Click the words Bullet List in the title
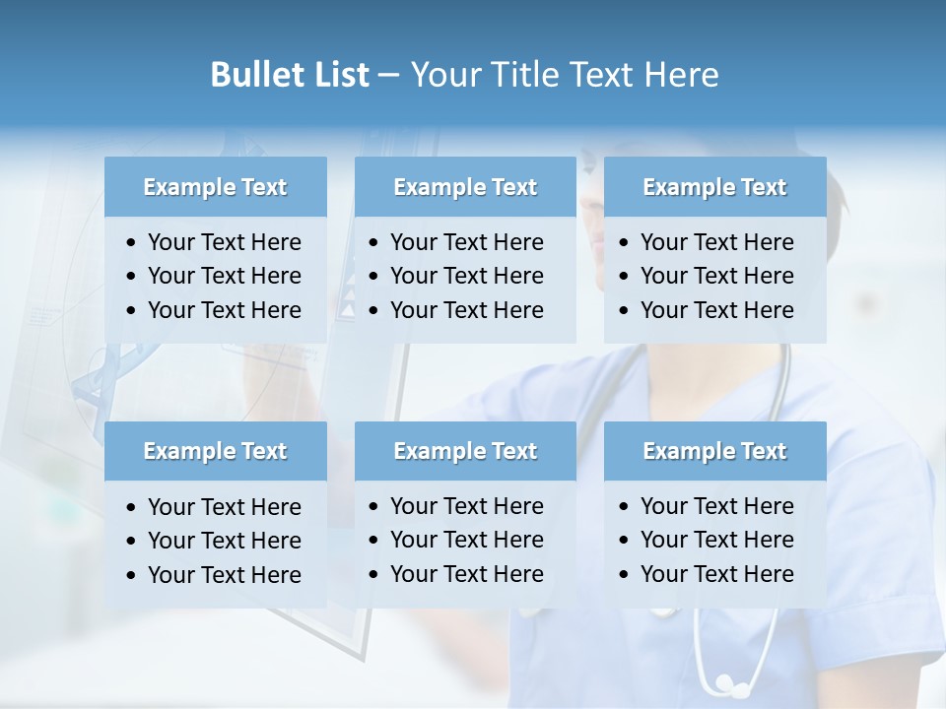[x=290, y=75]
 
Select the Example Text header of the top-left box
[x=215, y=187]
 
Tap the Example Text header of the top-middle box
[x=465, y=187]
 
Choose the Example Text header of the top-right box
[x=714, y=187]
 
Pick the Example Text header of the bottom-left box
[x=215, y=451]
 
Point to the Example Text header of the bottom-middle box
[x=465, y=451]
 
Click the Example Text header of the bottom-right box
[x=714, y=451]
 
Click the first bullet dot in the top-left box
[x=132, y=243]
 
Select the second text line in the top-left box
[x=224, y=276]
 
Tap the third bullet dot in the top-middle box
[x=374, y=311]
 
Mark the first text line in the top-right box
[x=716, y=242]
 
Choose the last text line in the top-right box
[x=716, y=310]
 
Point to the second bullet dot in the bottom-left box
[x=132, y=542]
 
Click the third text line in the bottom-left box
[x=224, y=575]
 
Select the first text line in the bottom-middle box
[x=466, y=506]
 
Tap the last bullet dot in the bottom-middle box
[x=374, y=575]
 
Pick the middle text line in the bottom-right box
[x=716, y=540]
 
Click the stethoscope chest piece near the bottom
[x=727, y=683]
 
